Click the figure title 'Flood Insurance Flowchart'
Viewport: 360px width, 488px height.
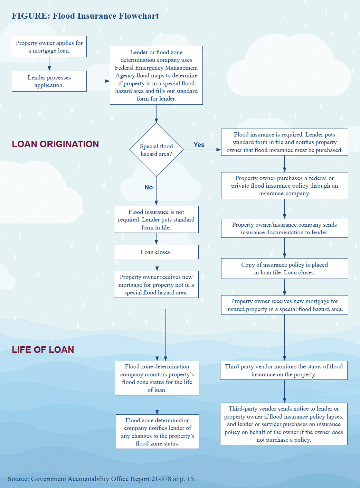click(85, 16)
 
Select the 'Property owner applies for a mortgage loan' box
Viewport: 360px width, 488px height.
click(49, 47)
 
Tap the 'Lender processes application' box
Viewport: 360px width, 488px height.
click(49, 81)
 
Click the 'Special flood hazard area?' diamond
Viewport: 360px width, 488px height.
click(156, 150)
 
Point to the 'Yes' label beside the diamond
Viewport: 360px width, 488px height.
click(199, 145)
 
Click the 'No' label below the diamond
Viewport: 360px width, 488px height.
click(149, 187)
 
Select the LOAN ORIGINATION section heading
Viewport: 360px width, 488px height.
click(55, 144)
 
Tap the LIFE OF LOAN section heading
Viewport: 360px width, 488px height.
click(43, 350)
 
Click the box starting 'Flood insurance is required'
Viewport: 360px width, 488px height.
click(284, 142)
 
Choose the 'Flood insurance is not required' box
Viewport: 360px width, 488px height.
click(156, 219)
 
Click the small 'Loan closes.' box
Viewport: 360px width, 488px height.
click(156, 252)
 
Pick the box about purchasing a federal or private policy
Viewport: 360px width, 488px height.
click(284, 186)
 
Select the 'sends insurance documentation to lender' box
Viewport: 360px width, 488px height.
click(284, 228)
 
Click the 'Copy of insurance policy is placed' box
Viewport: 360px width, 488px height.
click(284, 269)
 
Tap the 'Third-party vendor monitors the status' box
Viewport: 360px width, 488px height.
click(284, 370)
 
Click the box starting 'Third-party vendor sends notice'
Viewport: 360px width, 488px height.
click(284, 424)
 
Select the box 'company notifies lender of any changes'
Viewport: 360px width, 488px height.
click(158, 432)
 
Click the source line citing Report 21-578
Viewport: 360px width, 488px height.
click(102, 479)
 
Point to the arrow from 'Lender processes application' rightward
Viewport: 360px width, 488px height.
click(98, 81)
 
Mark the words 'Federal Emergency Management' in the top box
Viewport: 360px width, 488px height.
click(156, 68)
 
